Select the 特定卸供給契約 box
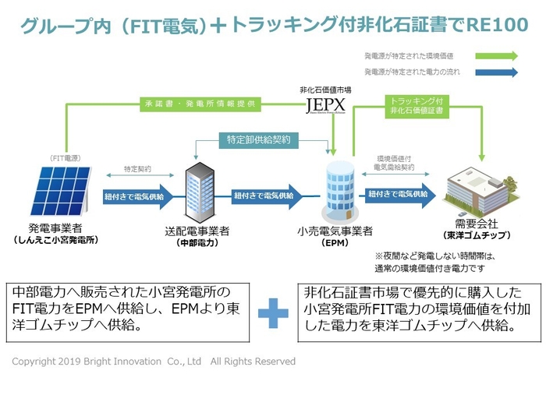tap(258, 139)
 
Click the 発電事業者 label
tap(59, 227)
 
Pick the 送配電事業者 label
tap(197, 231)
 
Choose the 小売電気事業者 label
tap(335, 231)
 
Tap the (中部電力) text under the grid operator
tap(197, 242)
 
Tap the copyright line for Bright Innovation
tap(154, 361)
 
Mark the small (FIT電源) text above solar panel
tap(66, 157)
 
